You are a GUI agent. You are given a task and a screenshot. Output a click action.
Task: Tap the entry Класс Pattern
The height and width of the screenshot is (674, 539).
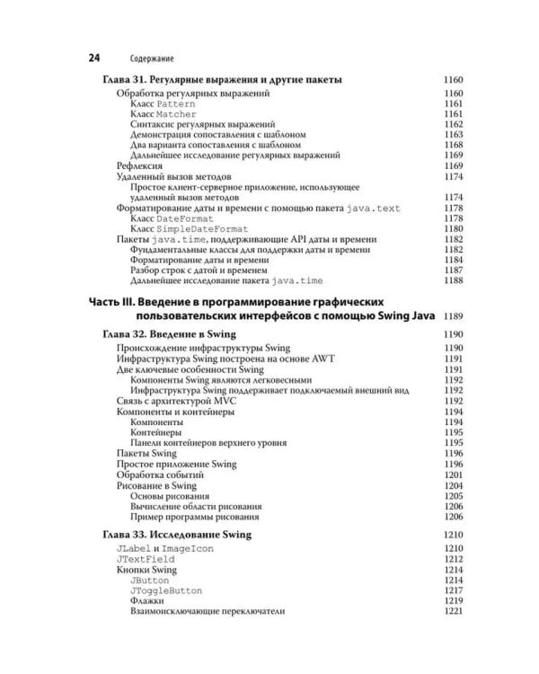(156, 104)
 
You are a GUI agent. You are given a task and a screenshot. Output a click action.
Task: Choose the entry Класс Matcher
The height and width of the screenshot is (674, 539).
(157, 115)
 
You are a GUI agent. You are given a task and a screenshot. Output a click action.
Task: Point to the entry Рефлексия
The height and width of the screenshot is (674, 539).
(139, 166)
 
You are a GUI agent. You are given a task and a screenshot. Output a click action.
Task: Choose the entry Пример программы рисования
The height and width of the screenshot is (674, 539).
(195, 517)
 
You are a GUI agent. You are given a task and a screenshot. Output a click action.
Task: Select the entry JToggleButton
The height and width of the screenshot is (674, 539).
(166, 590)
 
